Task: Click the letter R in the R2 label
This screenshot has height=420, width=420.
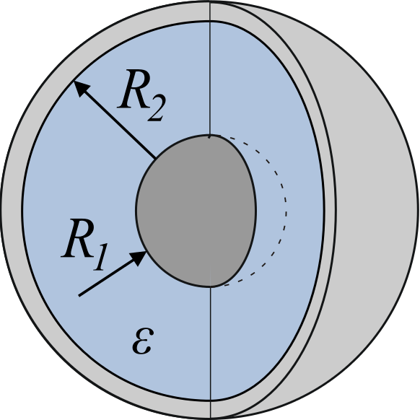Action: coord(134,89)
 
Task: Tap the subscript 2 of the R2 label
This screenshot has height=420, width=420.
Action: coord(156,108)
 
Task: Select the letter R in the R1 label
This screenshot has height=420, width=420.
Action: coord(78,238)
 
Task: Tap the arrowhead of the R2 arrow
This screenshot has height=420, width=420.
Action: coord(81,88)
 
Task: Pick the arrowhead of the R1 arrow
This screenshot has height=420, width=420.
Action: coord(139,258)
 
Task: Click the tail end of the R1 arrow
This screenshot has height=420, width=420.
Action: coord(79,296)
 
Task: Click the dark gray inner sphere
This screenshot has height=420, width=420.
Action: coord(196,211)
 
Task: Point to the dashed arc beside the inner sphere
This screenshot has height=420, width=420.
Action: coord(286,209)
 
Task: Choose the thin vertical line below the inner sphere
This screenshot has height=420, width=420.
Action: coord(211,352)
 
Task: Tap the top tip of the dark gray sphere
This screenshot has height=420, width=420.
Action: coord(210,135)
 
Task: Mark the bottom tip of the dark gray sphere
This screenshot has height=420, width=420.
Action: coord(211,287)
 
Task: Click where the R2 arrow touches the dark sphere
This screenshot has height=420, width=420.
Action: coord(155,159)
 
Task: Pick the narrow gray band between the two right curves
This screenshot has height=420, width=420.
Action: coord(330,209)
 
